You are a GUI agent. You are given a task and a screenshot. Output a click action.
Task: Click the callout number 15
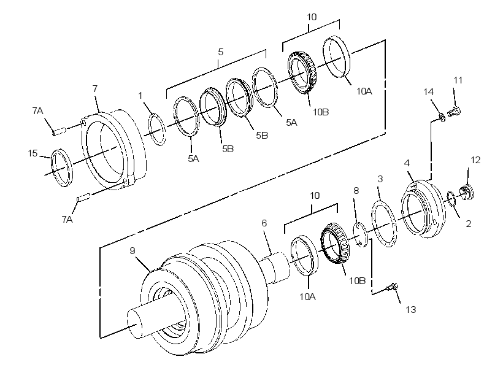(33, 153)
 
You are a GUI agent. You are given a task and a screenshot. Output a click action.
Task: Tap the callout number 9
(132, 251)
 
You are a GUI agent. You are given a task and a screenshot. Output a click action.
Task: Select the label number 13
(411, 310)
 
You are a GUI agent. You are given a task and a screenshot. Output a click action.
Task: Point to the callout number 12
(475, 160)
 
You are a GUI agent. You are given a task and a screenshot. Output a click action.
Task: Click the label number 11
(458, 80)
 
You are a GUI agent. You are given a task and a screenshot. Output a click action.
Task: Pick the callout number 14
(429, 92)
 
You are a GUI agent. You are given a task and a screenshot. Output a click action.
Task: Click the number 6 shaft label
(264, 223)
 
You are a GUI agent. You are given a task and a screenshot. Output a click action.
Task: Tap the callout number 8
(356, 191)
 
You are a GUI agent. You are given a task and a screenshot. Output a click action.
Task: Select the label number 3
(380, 179)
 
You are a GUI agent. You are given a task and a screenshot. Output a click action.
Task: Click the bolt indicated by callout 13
(393, 287)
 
